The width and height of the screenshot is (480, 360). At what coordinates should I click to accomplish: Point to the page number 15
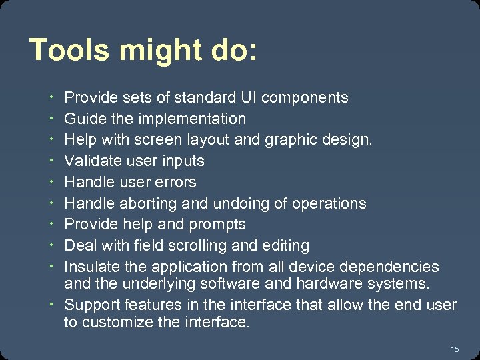click(455, 349)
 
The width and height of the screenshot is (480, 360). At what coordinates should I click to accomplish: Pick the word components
click(305, 98)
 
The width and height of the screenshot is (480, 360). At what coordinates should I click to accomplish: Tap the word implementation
click(192, 119)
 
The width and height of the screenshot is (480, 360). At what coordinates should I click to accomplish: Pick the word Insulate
click(91, 267)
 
